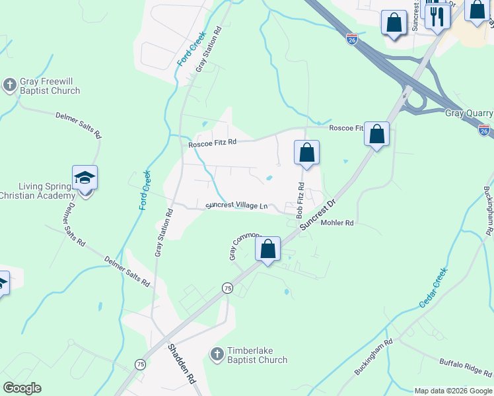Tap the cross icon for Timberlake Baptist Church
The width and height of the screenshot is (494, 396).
pos(217,355)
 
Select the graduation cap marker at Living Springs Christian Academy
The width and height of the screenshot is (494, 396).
pos(85,179)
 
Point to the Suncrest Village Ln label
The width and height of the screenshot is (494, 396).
pos(236,206)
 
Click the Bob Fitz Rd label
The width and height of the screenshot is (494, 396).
pos(300,201)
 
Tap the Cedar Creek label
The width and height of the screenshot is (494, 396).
pos(433,287)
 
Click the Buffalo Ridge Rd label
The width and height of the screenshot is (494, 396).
pos(465,366)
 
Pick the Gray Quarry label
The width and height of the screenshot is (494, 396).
pos(469,113)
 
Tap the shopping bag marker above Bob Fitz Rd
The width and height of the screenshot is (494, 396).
pos(306,154)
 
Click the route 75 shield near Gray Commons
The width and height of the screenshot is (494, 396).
pos(227,288)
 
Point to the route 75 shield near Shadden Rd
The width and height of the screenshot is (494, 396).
pos(140,364)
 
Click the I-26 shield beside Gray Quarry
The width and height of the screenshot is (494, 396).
pos(484,130)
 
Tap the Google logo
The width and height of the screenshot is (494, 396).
pos(22,388)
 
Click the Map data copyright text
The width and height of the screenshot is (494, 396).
pos(452,391)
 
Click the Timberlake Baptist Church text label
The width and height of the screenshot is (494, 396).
pos(257,355)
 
